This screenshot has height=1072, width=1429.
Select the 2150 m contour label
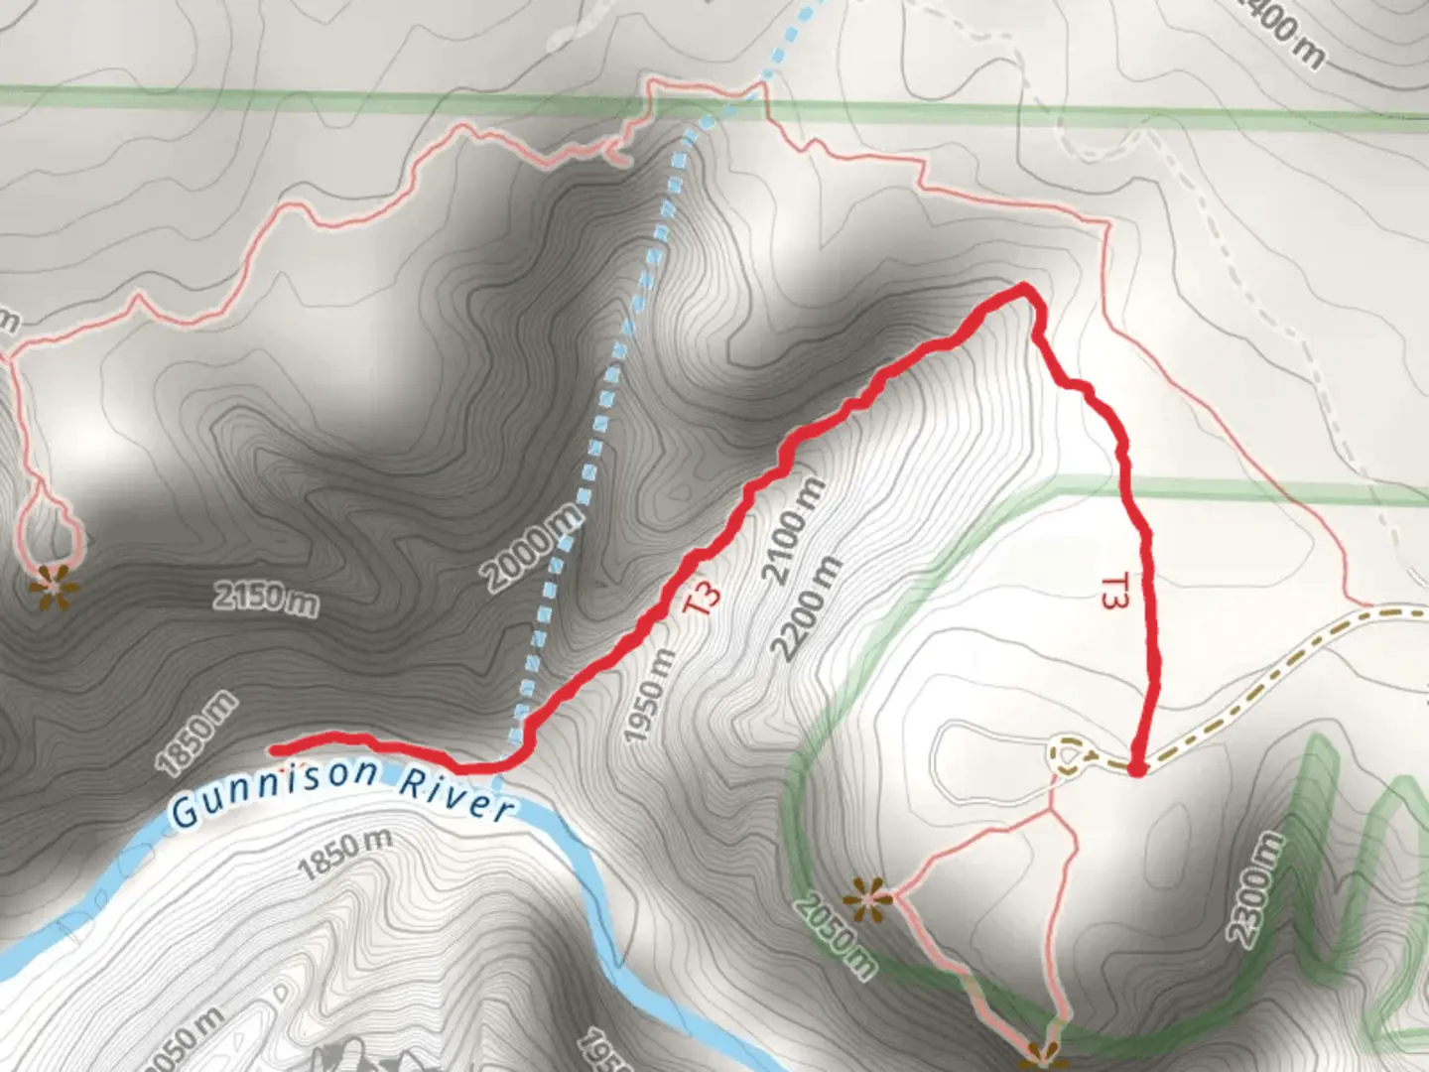pos(266,600)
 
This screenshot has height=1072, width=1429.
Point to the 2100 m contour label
pos(793,530)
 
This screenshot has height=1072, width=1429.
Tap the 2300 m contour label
pos(1254,888)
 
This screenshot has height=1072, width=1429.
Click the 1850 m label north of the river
pos(197,733)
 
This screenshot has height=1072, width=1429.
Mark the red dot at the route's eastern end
pos(1137,768)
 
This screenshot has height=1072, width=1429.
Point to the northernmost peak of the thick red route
pos(1023,288)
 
